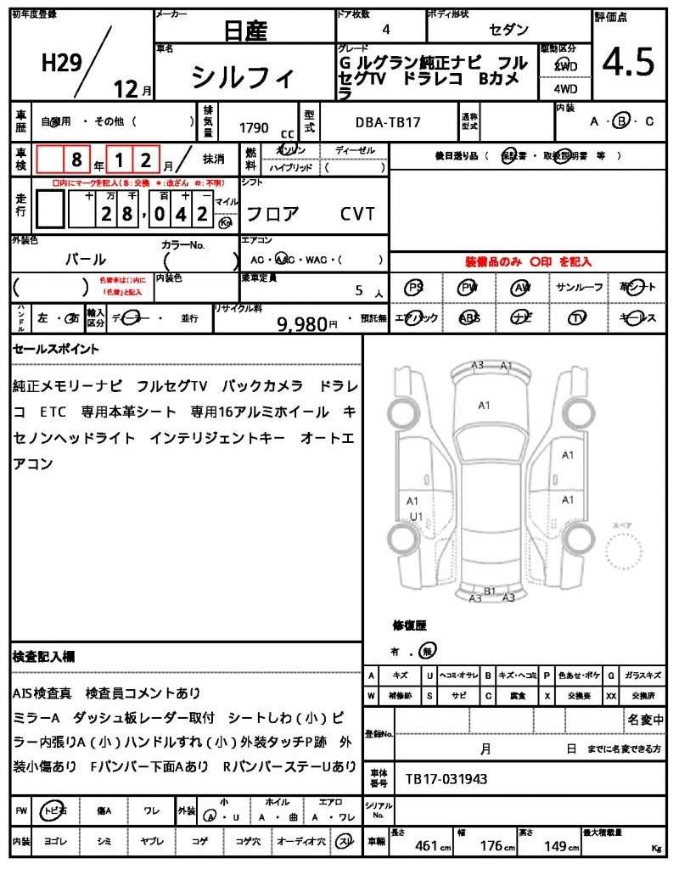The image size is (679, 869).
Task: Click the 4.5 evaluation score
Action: [x=628, y=62]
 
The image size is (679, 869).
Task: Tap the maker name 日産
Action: [x=245, y=31]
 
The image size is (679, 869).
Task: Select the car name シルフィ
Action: [x=244, y=78]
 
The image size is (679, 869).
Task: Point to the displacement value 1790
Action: [x=254, y=128]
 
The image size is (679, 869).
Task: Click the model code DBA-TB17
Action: [x=387, y=123]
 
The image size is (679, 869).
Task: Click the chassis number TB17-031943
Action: [x=446, y=778]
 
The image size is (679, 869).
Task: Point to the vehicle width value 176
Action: [x=492, y=845]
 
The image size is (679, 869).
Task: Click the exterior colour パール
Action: [x=86, y=259]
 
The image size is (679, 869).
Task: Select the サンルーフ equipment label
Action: [x=579, y=288]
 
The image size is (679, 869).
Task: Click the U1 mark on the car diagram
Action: [x=416, y=516]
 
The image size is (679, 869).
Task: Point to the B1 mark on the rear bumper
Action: [x=490, y=591]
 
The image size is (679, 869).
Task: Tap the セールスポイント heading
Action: [x=56, y=349]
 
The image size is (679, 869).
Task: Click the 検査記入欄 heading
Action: [x=43, y=656]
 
